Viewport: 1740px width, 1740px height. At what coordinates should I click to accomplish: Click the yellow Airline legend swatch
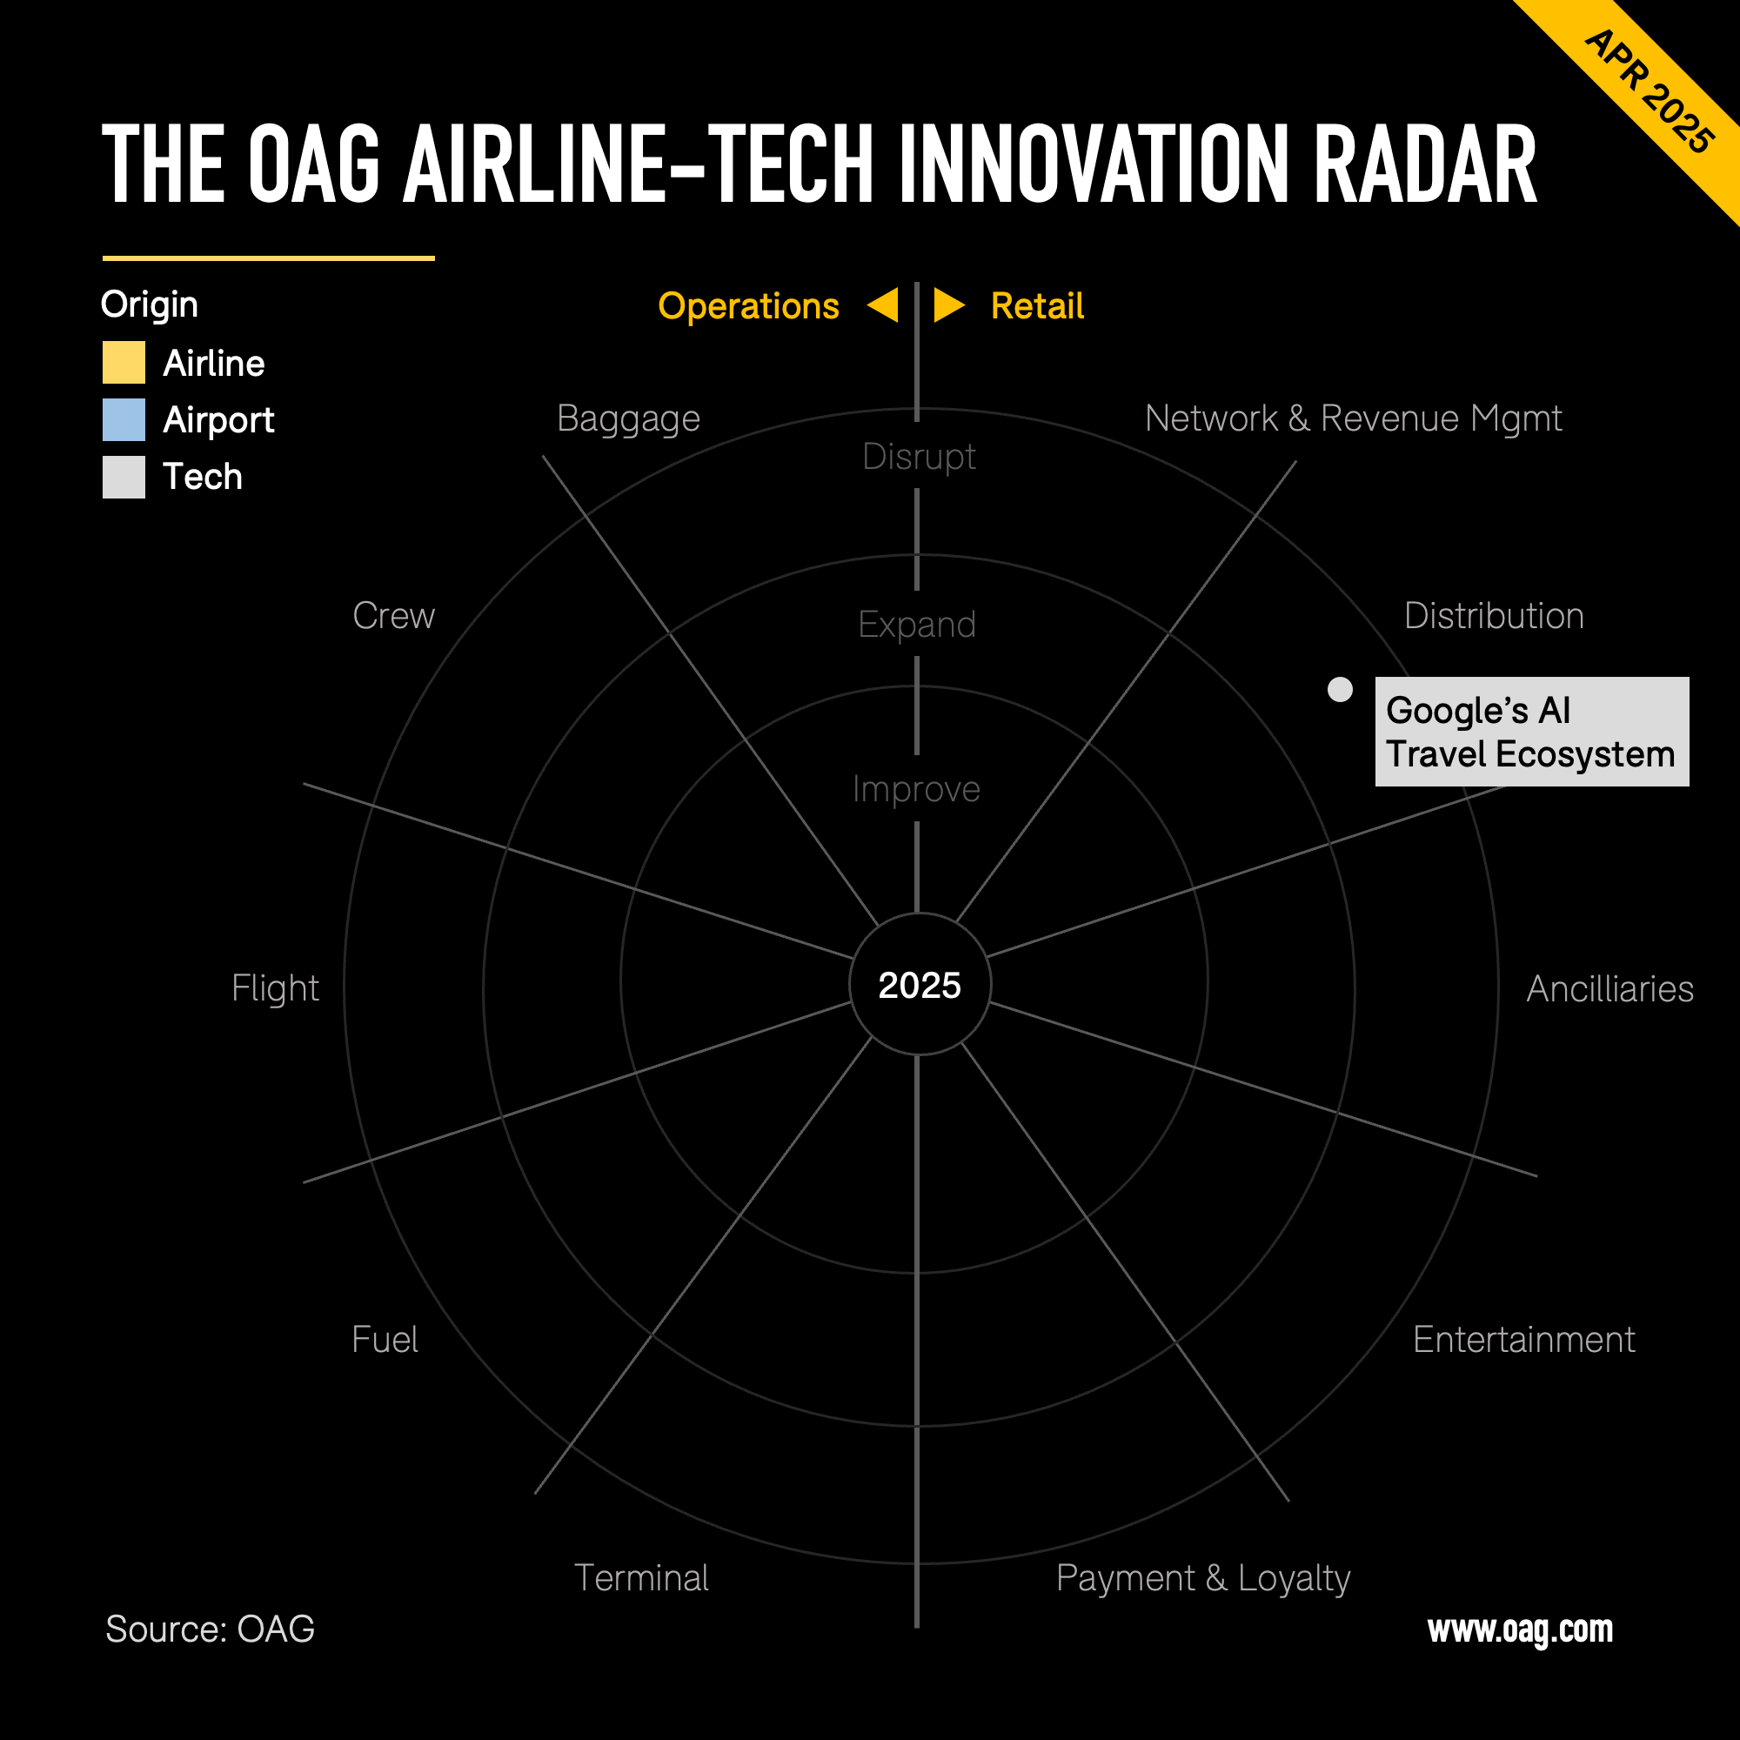pos(124,362)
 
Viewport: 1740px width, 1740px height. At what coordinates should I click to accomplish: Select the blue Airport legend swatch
pos(124,419)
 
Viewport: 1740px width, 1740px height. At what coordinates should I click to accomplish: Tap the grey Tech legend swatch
pos(124,477)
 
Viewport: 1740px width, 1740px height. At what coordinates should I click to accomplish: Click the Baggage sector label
pos(629,419)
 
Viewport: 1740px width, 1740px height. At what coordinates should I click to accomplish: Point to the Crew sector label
pos(393,616)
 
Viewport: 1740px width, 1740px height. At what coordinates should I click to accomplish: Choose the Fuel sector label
pos(385,1339)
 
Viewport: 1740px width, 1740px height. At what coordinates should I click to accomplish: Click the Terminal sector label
pos(641,1578)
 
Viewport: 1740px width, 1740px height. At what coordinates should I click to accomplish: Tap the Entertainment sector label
pos(1524,1339)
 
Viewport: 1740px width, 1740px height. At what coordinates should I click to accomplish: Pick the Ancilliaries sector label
pos(1610,989)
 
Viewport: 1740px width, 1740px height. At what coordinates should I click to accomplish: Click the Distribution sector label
pos(1494,616)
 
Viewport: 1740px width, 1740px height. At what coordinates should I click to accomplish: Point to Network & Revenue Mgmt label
pos(1353,419)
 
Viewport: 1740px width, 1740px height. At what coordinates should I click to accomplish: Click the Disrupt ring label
pos(919,458)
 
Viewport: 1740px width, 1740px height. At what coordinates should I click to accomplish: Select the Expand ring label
pos(917,625)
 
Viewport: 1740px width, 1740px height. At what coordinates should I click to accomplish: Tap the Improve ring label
pos(916,790)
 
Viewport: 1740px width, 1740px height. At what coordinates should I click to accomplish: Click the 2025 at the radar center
pos(920,986)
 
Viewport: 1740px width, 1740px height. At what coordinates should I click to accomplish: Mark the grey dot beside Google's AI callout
pos(1340,689)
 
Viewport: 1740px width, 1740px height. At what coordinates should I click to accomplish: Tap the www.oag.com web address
pos(1520,1630)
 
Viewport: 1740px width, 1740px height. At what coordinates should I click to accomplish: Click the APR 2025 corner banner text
pos(1650,92)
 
